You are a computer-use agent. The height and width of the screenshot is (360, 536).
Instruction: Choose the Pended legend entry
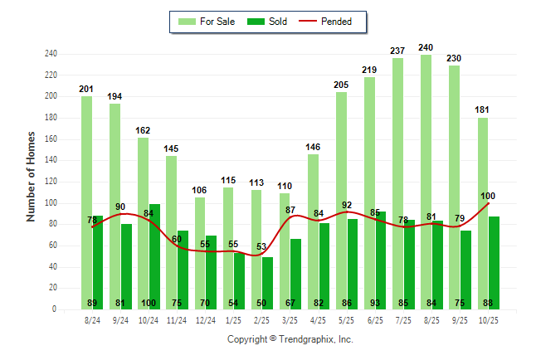click(334, 22)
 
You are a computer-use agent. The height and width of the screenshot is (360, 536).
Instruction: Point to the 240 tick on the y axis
click(51, 54)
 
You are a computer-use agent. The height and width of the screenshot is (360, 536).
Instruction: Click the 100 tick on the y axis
click(51, 203)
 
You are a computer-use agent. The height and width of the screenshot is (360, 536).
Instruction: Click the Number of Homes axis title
click(32, 176)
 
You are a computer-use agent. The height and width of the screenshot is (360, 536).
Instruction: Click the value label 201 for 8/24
click(86, 89)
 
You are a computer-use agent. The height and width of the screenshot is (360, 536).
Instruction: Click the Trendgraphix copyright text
click(290, 339)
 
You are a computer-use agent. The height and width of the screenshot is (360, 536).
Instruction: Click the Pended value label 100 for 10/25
click(488, 196)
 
